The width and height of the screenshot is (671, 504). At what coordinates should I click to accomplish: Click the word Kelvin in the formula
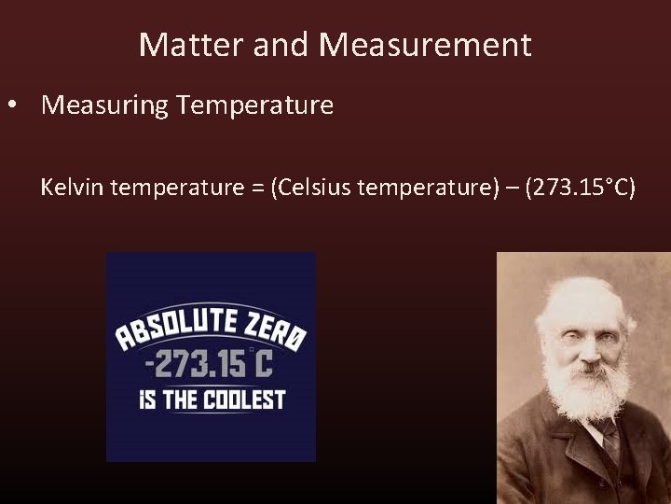(x=71, y=189)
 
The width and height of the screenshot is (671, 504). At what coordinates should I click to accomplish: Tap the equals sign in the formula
(x=255, y=189)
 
